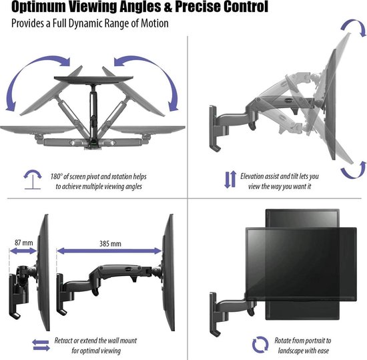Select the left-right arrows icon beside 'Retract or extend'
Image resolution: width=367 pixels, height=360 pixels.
[40, 345]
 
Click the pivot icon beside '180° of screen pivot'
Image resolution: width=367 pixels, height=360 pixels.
[31, 180]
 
